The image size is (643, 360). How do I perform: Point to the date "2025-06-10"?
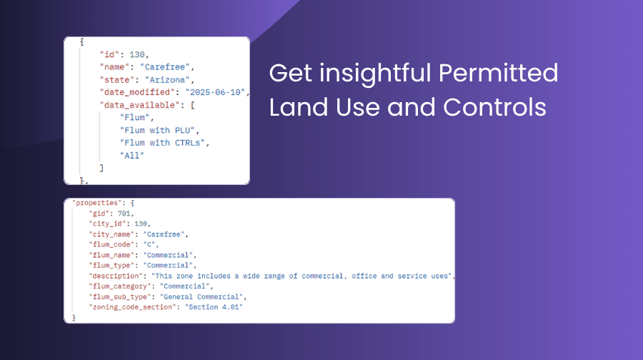pyautogui.click(x=216, y=92)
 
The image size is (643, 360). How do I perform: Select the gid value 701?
pyautogui.click(x=131, y=214)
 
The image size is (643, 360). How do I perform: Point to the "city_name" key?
pyautogui.click(x=112, y=234)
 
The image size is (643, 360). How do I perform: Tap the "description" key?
pyautogui.click(x=115, y=276)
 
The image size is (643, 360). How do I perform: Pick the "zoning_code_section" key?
pyautogui.click(x=134, y=306)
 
